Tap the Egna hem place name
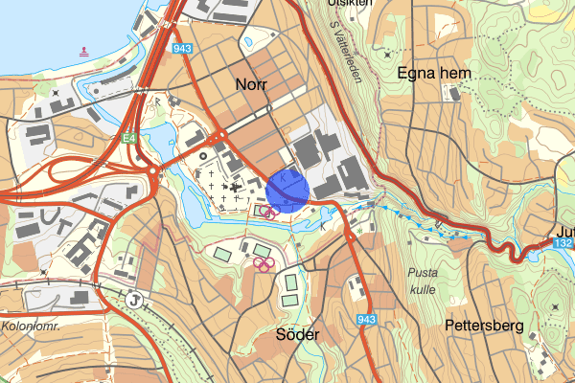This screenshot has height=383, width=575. tap(430, 74)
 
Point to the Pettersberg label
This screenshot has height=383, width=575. tap(483, 327)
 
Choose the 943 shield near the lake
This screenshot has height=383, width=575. tap(181, 48)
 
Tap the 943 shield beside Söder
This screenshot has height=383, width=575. tap(364, 319)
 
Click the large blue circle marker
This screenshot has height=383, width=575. tap(287, 189)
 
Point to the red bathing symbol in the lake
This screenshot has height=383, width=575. tap(84, 51)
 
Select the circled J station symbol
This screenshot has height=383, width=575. tap(136, 300)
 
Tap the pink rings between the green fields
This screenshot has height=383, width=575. tap(264, 263)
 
